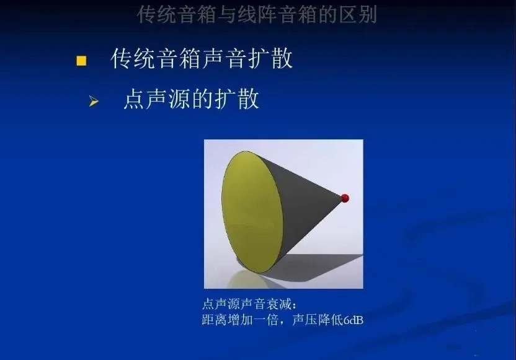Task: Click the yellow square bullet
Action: coord(81,61)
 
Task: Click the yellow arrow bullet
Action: coord(94,101)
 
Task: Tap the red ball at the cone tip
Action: coord(345,198)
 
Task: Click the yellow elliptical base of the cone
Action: coord(252,212)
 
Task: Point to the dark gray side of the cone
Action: coord(306,204)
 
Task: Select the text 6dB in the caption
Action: coord(354,320)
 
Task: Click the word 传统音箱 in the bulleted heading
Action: coord(156,58)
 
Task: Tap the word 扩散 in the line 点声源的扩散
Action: coord(237,99)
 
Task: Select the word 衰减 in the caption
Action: coord(278,304)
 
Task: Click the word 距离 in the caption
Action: coord(214,320)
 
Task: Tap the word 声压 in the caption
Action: coord(305,320)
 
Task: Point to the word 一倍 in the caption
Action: coord(265,320)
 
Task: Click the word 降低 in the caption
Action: coord(331,320)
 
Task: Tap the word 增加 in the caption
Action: coord(240,320)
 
